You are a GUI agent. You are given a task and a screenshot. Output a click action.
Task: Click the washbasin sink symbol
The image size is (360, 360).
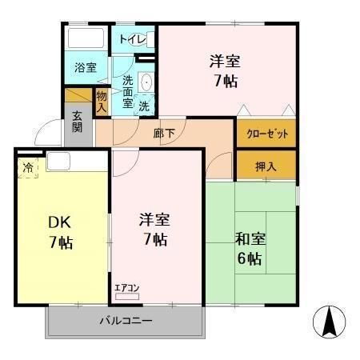pyautogui.click(x=146, y=82)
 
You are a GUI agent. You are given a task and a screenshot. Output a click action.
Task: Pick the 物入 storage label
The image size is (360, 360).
pyautogui.click(x=102, y=101)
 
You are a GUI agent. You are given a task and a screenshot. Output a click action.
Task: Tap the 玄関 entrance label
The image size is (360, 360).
pyautogui.click(x=77, y=121)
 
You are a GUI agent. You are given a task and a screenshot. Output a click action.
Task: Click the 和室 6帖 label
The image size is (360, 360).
pyautogui.click(x=249, y=247)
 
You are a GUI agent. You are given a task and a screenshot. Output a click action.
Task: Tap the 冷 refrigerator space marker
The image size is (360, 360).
pyautogui.click(x=28, y=168)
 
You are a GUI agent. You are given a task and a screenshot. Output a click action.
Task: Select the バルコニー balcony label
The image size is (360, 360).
pyautogui.click(x=126, y=320)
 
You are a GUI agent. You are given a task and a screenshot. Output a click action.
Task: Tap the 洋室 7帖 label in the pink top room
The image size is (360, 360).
pyautogui.click(x=225, y=70)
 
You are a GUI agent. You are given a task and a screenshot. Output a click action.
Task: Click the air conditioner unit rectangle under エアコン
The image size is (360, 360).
pyautogui.click(x=126, y=297)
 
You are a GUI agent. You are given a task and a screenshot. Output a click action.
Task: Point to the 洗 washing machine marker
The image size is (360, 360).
pyautogui.click(x=144, y=105)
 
